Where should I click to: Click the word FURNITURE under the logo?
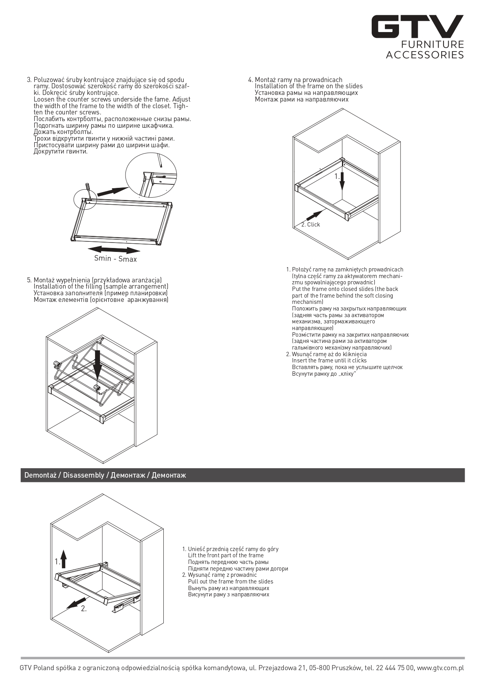(x=432, y=45)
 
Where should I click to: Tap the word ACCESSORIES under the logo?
(x=425, y=55)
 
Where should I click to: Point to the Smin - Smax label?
(x=115, y=259)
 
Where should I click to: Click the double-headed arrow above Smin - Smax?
(x=114, y=250)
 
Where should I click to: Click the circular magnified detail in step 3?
(x=151, y=175)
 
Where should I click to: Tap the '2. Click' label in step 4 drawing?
(x=311, y=225)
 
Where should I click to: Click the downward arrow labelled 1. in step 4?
(x=342, y=179)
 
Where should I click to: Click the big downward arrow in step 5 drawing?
(x=97, y=365)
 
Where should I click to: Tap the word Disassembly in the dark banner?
(x=84, y=475)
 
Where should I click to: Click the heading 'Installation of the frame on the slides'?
(x=309, y=86)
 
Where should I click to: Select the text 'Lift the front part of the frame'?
(x=225, y=555)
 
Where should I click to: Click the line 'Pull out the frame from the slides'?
(x=230, y=582)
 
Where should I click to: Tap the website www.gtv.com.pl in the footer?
(x=440, y=668)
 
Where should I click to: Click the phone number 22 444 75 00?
(x=395, y=668)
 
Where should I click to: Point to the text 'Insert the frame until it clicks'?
(x=329, y=360)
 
